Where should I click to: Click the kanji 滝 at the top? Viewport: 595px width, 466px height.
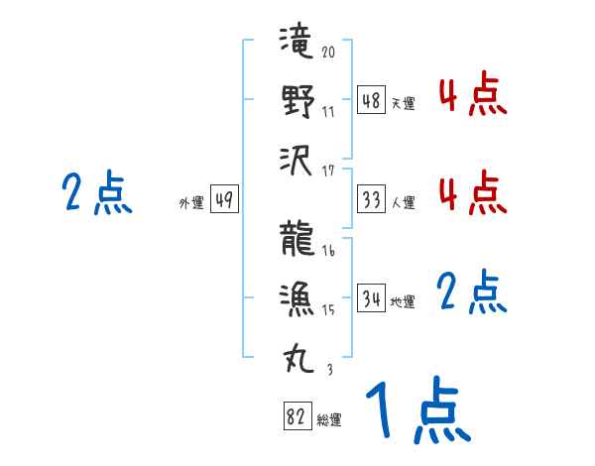297,44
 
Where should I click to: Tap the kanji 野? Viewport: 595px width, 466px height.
297,101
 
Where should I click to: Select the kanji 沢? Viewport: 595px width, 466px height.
297,159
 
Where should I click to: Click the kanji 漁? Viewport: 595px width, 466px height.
297,296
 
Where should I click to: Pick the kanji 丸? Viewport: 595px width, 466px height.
297,355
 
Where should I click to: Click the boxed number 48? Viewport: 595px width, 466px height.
371,100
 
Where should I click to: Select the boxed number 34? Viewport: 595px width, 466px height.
371,298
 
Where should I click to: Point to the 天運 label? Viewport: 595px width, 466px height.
403,103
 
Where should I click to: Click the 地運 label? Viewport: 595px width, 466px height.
403,301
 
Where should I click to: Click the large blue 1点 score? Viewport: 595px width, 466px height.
416,411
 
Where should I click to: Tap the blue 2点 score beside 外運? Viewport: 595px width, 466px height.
97,193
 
